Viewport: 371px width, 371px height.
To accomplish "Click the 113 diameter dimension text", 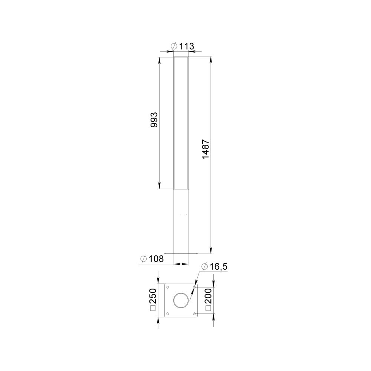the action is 186,46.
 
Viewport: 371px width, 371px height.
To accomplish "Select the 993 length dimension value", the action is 154,120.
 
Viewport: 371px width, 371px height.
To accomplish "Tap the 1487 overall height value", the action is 206,149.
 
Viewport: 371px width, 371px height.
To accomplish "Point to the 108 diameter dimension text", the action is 156,259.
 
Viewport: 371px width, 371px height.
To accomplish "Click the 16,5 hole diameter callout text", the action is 218,266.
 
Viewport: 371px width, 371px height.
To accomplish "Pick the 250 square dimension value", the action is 153,296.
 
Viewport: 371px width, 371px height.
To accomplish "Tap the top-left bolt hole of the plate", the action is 168,287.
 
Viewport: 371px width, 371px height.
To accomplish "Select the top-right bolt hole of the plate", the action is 194,287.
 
